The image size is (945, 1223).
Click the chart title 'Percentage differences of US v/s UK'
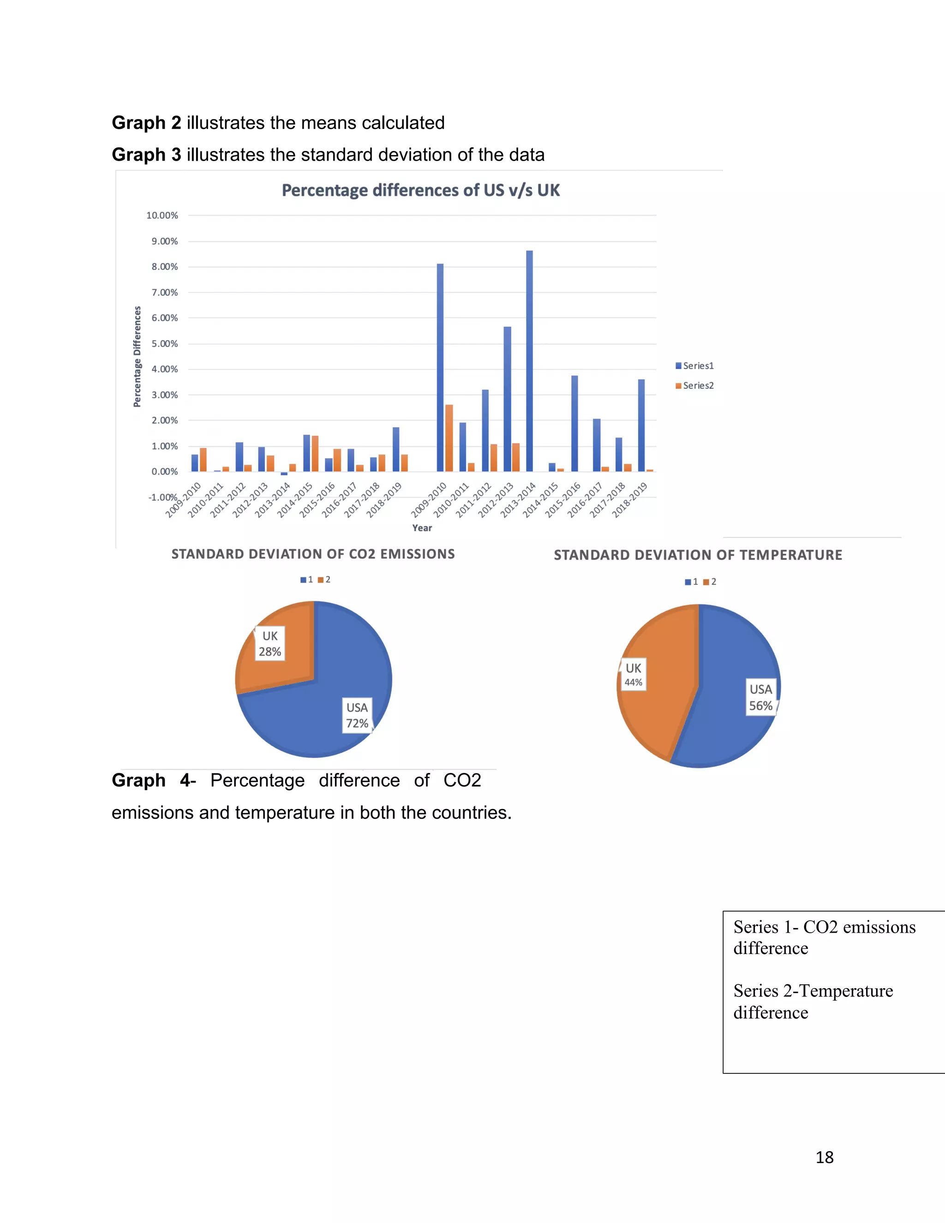[420, 191]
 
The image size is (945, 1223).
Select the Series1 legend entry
[695, 366]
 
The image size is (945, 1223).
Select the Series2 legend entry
[695, 385]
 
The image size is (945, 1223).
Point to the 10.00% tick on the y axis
[162, 216]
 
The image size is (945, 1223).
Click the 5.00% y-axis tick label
[165, 344]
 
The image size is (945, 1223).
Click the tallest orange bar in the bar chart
[449, 438]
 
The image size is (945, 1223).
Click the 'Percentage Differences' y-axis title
[137, 357]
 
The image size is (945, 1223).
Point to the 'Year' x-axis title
[422, 528]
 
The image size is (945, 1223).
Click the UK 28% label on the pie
[270, 644]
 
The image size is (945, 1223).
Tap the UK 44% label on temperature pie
[633, 674]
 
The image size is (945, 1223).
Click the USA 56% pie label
[761, 697]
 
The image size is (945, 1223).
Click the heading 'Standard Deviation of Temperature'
[698, 555]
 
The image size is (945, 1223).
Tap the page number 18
[824, 1157]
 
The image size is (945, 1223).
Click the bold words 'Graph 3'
[146, 155]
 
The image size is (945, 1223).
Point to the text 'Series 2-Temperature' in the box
[813, 990]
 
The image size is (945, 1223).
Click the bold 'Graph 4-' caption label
[153, 780]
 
